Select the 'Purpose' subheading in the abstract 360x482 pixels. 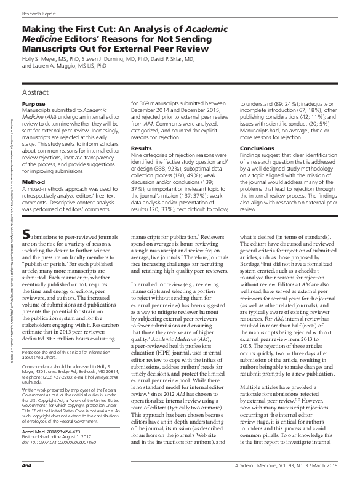(x=33, y=105)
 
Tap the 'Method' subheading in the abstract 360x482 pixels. (x=32, y=165)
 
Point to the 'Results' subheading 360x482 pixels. (x=142, y=147)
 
